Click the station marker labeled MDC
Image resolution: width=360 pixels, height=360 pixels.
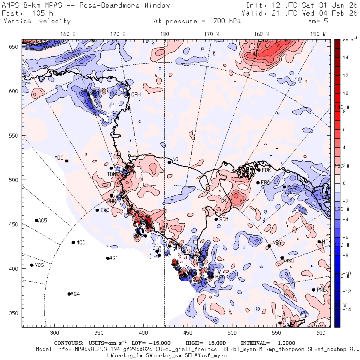66,161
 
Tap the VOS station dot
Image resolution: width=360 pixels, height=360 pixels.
32,265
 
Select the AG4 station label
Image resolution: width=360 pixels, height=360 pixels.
75,294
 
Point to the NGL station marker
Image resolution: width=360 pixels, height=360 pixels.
169,162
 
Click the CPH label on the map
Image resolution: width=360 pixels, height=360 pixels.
136,94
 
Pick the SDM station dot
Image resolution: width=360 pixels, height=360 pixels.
216,219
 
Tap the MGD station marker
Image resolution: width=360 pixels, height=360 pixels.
73,242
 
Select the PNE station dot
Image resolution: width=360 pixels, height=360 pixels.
314,290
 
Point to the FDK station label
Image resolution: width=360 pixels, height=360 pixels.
266,170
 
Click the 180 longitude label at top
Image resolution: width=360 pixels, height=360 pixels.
164,34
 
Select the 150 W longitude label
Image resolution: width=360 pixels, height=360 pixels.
318,34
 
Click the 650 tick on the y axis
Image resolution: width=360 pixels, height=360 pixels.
15,47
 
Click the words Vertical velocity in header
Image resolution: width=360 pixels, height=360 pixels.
37,21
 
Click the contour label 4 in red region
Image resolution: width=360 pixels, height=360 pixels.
254,53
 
